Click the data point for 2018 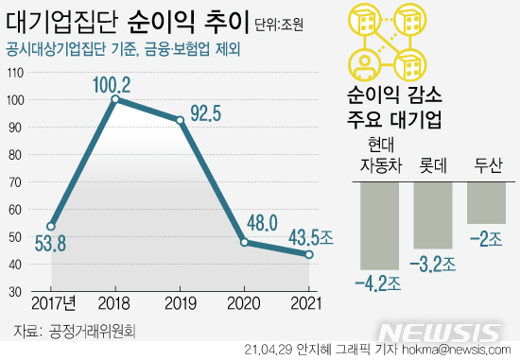click(114, 99)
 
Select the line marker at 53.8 click(51, 227)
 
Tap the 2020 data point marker click(244, 243)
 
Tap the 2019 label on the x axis click(179, 303)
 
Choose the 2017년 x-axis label click(53, 303)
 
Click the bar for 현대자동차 click(379, 226)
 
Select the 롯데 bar click(433, 214)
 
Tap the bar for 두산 click(487, 203)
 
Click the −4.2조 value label click(378, 281)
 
